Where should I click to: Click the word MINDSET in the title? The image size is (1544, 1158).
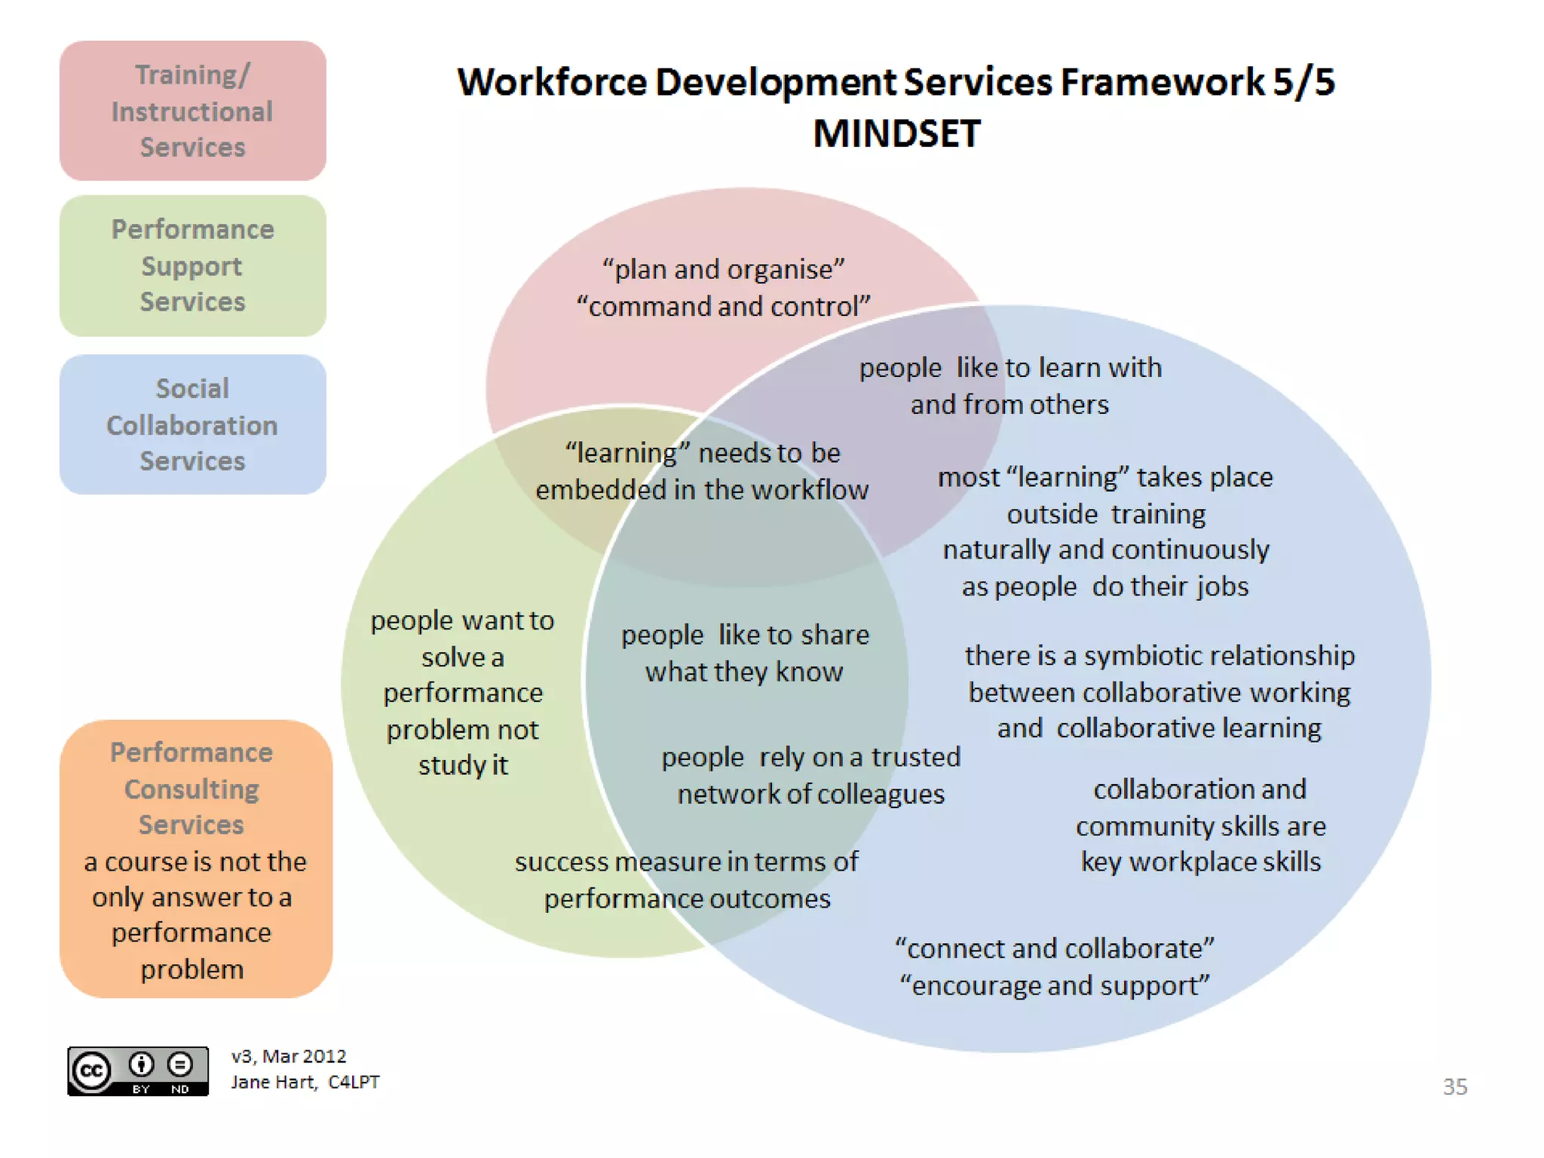[x=896, y=134]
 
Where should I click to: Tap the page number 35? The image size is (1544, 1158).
[x=1454, y=1086]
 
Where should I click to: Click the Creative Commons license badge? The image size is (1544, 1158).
[x=138, y=1071]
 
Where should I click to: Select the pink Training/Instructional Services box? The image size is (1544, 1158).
[x=192, y=111]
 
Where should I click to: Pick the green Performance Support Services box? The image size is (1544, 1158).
[x=192, y=265]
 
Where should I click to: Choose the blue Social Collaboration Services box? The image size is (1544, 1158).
[x=192, y=424]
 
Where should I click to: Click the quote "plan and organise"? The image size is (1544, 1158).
[x=723, y=269]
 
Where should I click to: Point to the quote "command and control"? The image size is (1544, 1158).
[x=723, y=307]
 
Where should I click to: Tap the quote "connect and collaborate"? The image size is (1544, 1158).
[x=1054, y=948]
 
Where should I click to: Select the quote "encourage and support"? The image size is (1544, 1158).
[x=1054, y=985]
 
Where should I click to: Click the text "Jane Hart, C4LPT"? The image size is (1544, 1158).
[x=305, y=1082]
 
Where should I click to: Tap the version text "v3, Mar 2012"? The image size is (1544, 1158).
[x=289, y=1056]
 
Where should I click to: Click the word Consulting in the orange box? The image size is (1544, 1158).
[x=191, y=789]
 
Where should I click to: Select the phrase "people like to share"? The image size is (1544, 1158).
[x=745, y=635]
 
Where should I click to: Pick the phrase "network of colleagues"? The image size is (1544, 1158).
[x=810, y=794]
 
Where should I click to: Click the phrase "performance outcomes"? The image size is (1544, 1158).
[x=687, y=899]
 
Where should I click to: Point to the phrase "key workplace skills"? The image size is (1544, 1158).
[x=1200, y=862]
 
